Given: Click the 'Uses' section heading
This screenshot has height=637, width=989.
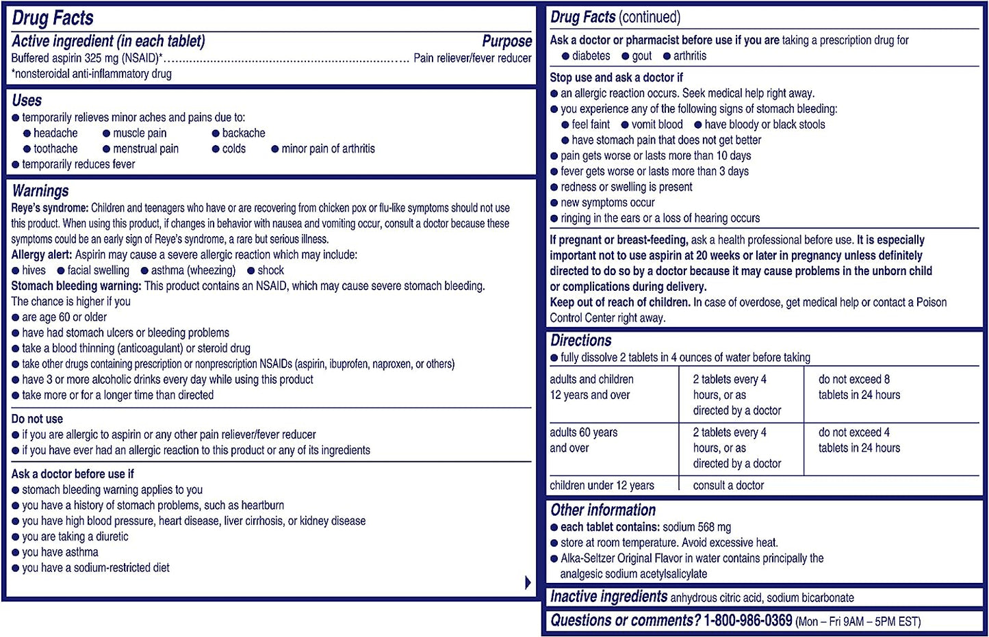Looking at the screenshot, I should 27,101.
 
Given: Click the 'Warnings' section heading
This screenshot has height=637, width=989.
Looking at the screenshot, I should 40,191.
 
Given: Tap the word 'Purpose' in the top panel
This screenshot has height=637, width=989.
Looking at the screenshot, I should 506,42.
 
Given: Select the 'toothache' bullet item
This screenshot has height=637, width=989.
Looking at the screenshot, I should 55,148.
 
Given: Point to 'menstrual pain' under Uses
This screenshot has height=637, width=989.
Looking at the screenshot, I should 146,148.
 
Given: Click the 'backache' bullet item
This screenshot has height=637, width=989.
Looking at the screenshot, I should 244,133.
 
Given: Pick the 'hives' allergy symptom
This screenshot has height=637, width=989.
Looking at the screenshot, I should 34,270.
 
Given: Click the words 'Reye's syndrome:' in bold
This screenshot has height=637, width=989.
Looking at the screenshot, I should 50,208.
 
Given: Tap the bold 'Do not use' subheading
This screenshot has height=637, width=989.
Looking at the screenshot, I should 37,419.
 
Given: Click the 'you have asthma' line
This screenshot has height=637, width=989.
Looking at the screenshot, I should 60,552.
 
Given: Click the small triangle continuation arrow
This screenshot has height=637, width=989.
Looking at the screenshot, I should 528,582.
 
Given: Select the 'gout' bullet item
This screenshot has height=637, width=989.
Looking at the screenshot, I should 642,56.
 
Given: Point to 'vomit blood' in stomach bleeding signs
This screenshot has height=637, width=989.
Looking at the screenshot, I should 657,125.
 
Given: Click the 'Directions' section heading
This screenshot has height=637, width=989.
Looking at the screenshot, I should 581,341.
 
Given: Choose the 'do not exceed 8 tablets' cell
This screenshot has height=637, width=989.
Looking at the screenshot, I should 859,387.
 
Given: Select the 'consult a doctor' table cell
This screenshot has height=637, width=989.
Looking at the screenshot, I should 728,485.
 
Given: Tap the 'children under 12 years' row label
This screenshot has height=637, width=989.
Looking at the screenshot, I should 602,485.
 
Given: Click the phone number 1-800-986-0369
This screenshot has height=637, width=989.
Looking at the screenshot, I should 748,621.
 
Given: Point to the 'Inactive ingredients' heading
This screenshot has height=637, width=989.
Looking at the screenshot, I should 608,597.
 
